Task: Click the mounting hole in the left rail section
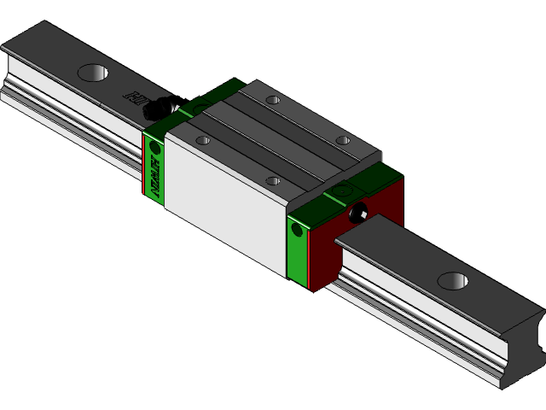93,73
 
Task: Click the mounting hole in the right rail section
453,280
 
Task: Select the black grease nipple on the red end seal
357,213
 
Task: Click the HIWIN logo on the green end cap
155,175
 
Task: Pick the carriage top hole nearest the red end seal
342,140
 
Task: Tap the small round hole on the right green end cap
297,229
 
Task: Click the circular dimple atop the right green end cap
343,191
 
